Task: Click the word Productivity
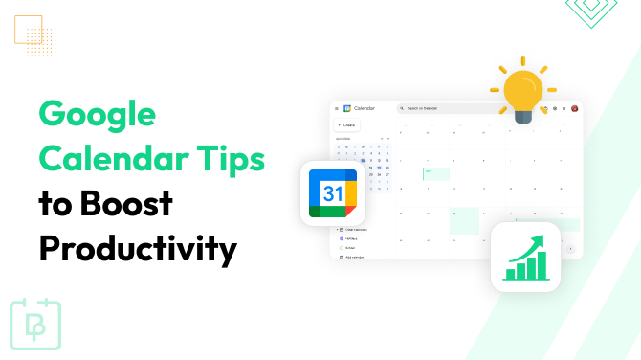(138, 249)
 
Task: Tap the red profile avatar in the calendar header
(574, 108)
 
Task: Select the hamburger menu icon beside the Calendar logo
(337, 108)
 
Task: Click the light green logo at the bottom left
(35, 324)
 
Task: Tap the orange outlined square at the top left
(29, 29)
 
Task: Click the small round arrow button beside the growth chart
(571, 248)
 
